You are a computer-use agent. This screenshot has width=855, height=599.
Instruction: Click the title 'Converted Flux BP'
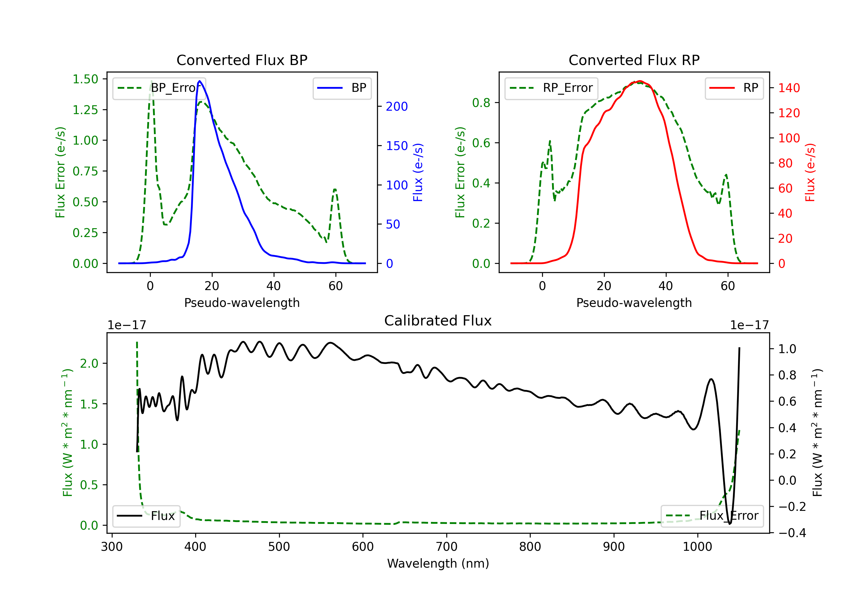(x=242, y=60)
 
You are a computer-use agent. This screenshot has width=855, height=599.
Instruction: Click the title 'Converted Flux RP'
(x=634, y=60)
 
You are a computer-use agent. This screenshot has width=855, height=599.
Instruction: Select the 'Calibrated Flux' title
(x=438, y=321)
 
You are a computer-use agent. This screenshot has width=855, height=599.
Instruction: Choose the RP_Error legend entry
(x=551, y=88)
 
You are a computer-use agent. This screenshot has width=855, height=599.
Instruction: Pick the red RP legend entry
(x=734, y=88)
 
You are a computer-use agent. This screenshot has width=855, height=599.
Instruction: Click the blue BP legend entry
(x=342, y=88)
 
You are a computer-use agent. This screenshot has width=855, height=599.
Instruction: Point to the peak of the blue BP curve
(x=199, y=81)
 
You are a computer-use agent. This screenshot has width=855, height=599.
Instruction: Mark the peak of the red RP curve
(x=639, y=81)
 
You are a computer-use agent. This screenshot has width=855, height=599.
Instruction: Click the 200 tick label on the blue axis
(x=397, y=107)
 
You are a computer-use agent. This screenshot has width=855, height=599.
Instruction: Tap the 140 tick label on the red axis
(x=789, y=88)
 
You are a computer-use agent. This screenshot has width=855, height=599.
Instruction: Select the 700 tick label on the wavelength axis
(x=447, y=547)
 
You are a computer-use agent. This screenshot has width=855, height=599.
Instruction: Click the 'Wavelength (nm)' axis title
(x=438, y=563)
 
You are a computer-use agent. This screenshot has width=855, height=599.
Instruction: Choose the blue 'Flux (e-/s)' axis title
(x=418, y=172)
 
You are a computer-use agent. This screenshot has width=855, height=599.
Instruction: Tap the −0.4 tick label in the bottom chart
(x=792, y=533)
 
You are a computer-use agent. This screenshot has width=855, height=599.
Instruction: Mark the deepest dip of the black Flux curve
(x=730, y=523)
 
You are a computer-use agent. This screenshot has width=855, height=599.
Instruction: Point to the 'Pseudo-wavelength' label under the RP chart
(x=634, y=303)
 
